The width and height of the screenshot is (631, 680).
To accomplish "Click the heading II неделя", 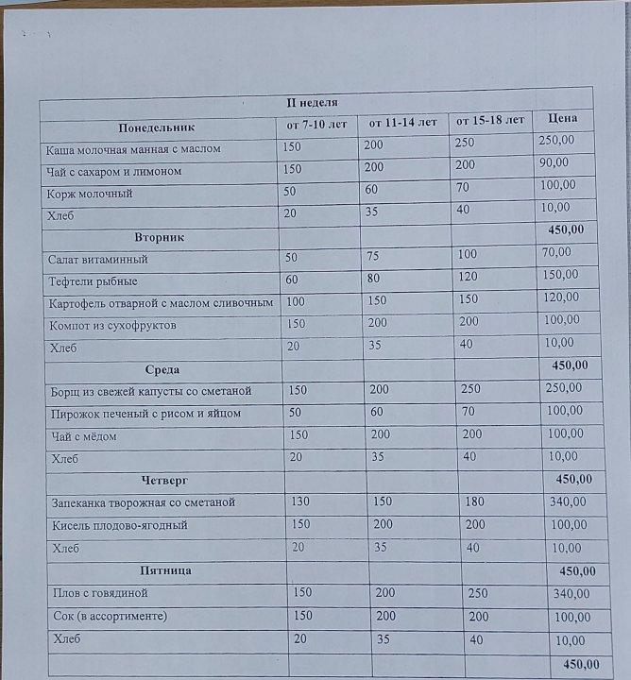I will click(311, 103).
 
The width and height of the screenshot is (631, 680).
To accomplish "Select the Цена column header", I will click(562, 120).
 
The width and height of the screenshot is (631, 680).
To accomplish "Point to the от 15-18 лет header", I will click(490, 121).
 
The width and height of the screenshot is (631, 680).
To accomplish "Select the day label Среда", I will click(162, 369).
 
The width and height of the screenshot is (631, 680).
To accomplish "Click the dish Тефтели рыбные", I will click(93, 281).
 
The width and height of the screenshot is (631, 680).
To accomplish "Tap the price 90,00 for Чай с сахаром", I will click(554, 162).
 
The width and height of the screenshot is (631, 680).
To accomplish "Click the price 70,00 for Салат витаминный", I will click(556, 252).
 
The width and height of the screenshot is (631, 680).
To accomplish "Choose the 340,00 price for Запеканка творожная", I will click(571, 501).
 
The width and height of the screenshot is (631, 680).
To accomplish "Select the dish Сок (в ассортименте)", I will click(111, 617).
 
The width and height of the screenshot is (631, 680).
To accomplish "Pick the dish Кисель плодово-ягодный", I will click(119, 525).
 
